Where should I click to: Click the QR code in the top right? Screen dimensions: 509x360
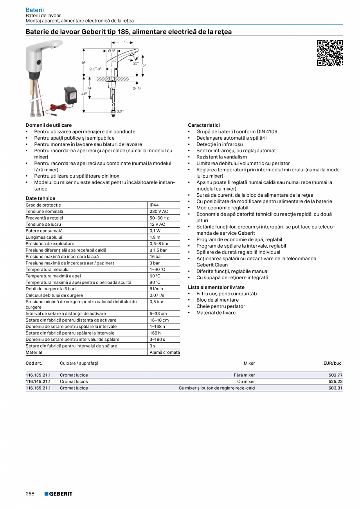pos(329,52)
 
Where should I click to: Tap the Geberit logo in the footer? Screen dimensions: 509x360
pos(58,494)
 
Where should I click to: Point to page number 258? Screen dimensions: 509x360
pos(30,494)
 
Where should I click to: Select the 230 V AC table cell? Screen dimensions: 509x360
pos(158,211)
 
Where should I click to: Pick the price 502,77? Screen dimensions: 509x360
pos(335,375)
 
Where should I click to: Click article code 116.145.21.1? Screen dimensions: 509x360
pos(38,381)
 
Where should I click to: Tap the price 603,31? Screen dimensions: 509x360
pos(335,388)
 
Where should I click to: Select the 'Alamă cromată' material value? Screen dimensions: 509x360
pos(165,353)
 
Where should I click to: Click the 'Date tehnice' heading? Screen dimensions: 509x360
pos(41,198)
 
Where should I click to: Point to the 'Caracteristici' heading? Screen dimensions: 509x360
pos(204,125)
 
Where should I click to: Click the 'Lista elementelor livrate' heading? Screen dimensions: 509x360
pos(216,287)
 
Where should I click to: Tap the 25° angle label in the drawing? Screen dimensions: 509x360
pos(136,63)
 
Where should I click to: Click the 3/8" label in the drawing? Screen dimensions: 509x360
pos(121,112)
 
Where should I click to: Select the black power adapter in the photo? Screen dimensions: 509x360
pos(71,95)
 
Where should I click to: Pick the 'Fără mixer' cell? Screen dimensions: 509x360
pos(244,375)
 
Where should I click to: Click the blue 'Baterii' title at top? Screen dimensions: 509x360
pos(35,9)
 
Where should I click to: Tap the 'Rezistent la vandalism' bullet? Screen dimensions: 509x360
pos(221,157)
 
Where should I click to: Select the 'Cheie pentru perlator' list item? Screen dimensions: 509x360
pos(221,306)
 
